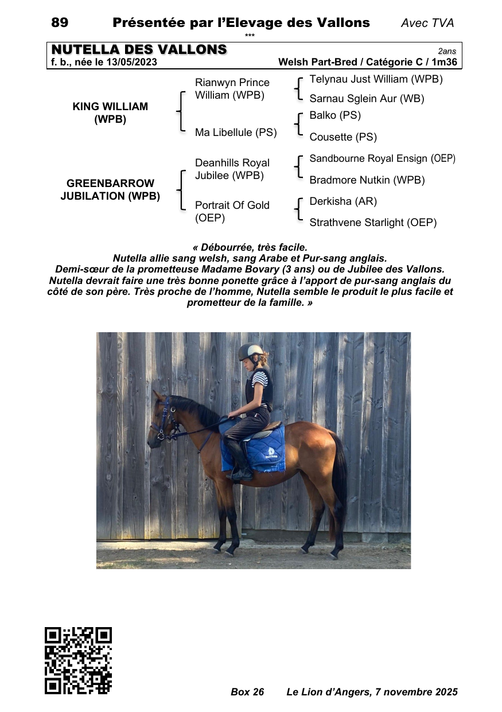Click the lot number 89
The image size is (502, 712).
coord(60,23)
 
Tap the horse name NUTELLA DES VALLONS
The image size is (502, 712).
coord(139,50)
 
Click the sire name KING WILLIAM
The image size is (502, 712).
coord(110,107)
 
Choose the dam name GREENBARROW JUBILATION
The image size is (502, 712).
coord(110,190)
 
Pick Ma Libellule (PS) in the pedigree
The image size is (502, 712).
coord(236,133)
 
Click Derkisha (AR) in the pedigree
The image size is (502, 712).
coord(343,201)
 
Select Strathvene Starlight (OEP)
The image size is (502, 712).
coord(373,223)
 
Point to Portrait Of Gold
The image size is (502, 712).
coord(232,205)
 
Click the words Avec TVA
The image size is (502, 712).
coord(427,23)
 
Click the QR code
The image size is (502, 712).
coord(78,660)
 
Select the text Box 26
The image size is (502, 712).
coord(247,692)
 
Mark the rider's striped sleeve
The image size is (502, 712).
coord(259,378)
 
